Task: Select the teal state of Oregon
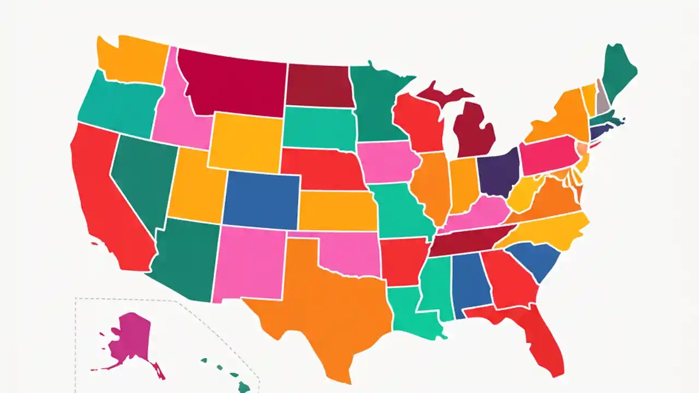point(117,106)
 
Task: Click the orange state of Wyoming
point(246,142)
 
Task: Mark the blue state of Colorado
point(261,199)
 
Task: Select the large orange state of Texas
point(322,306)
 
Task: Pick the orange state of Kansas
point(337,210)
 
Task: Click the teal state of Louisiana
point(407,314)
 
